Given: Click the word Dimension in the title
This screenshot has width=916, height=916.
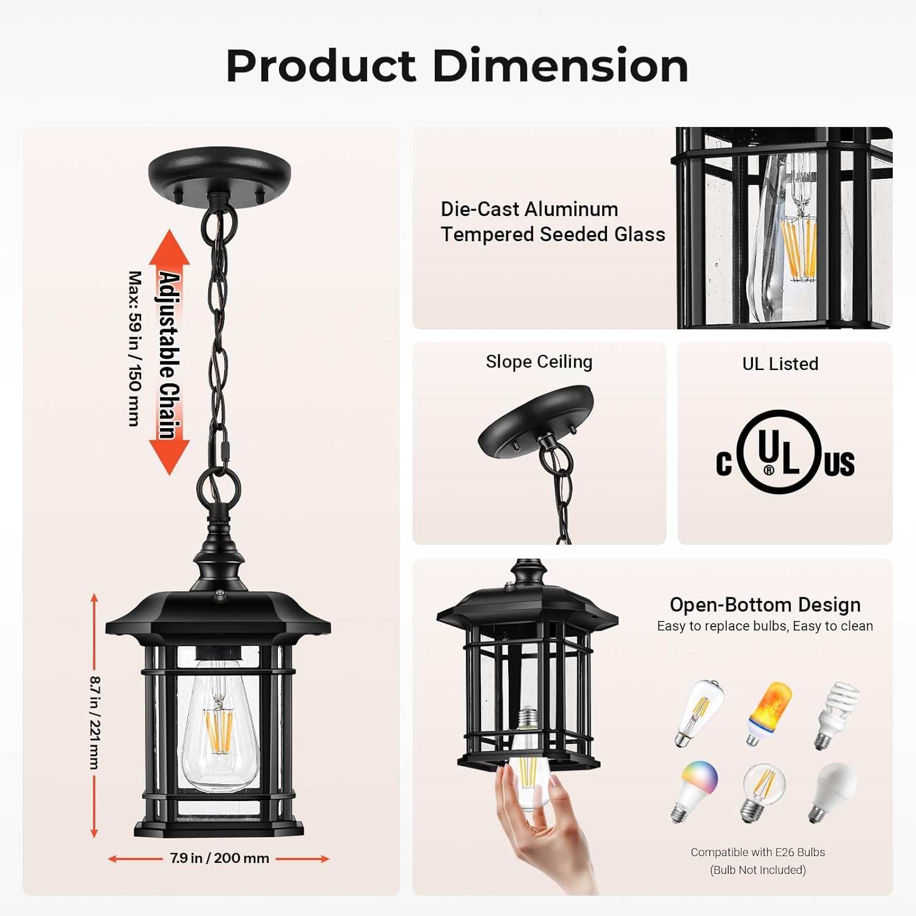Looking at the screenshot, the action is [561, 65].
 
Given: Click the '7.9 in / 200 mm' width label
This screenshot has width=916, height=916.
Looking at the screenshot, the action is [219, 858].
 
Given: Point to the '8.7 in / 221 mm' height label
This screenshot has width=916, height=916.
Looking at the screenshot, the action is [95, 722].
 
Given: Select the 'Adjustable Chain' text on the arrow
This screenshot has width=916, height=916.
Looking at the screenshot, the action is [170, 355].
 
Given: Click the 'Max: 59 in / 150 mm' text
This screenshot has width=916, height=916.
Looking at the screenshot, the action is [135, 349].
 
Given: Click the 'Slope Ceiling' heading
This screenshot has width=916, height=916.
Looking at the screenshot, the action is [539, 362].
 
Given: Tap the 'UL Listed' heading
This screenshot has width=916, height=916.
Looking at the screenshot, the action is [780, 363].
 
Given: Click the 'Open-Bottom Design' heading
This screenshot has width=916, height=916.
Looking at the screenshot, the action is [765, 605].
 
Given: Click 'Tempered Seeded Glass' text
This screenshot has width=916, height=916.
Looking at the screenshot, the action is [553, 234].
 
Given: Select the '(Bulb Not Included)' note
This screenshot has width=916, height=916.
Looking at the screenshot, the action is [758, 870].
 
